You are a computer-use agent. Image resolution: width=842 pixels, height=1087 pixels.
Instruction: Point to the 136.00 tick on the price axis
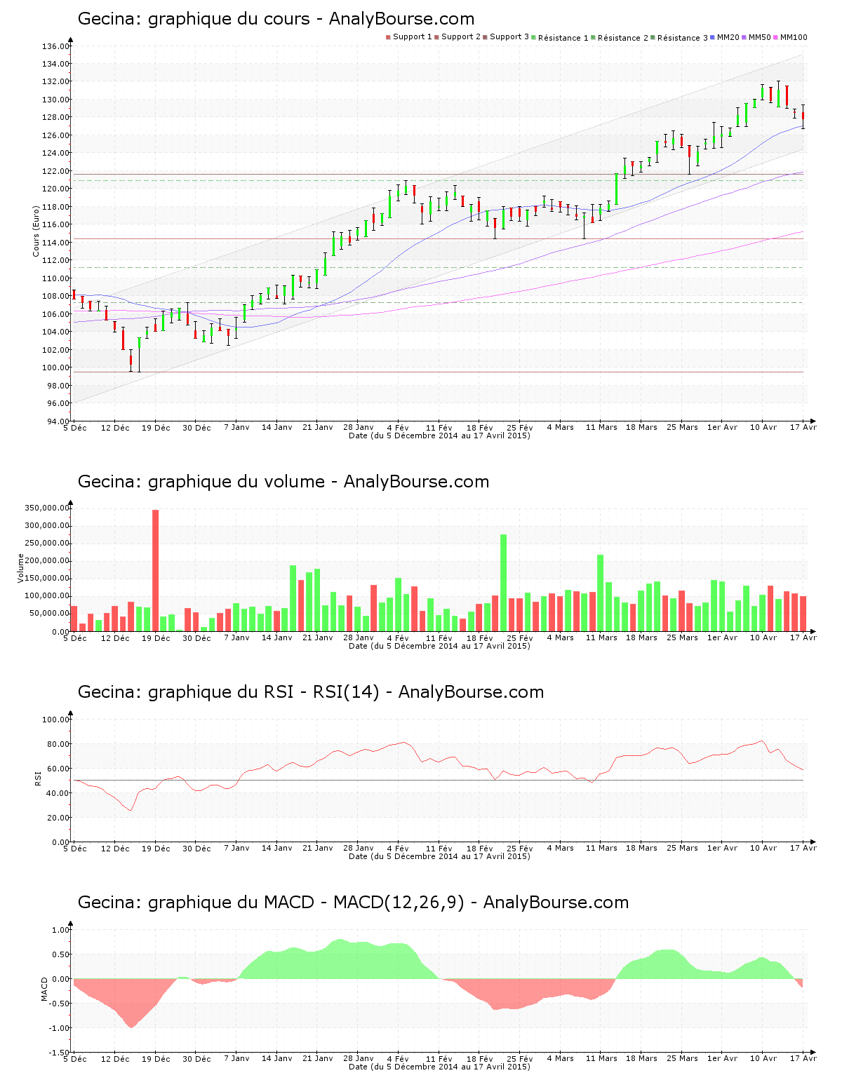tap(55, 47)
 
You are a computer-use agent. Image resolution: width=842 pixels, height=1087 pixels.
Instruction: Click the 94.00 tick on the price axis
tap(55, 421)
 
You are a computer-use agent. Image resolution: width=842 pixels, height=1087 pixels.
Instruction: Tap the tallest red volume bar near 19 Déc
tap(156, 569)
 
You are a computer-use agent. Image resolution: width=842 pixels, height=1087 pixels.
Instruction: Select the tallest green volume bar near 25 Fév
tap(504, 582)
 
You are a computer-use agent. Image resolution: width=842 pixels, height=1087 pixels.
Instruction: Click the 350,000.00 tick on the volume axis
tap(46, 508)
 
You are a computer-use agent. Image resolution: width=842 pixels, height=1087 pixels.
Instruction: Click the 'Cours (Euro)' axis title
tap(36, 231)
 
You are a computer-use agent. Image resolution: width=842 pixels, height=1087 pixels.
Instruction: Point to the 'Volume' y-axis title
tap(21, 568)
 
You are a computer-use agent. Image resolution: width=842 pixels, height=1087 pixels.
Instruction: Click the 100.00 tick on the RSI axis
tap(55, 720)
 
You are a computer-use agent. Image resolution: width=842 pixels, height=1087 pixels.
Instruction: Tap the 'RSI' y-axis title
tap(37, 778)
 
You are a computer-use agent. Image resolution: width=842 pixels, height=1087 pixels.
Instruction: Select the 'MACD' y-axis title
tap(44, 989)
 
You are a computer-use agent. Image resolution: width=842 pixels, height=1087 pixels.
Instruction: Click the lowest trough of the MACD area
tap(131, 1027)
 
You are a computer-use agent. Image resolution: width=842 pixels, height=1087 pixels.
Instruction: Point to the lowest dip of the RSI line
tap(130, 811)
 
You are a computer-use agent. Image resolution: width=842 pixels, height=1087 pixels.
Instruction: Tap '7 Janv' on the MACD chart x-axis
tap(236, 1059)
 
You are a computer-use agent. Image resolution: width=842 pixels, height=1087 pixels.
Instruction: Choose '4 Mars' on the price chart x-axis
tap(560, 427)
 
